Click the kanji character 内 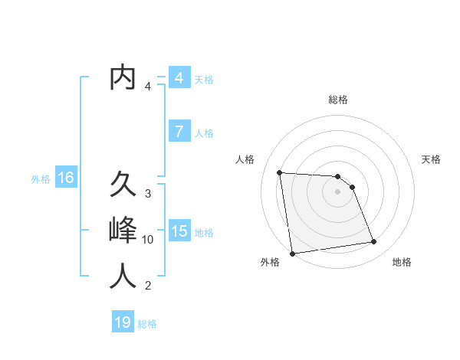tap(123, 78)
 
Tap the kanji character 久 tap(123, 184)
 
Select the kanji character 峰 tap(123, 231)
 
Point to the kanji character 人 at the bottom tap(123, 277)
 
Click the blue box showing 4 tap(179, 78)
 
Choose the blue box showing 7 tap(179, 132)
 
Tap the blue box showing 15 tap(179, 231)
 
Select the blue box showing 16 tap(66, 178)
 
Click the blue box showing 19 tap(123, 322)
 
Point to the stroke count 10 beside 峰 tap(148, 240)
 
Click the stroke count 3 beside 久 tap(148, 194)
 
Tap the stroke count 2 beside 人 tap(148, 286)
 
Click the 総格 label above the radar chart tap(337, 100)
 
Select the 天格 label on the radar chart tap(432, 159)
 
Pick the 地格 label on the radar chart tap(402, 262)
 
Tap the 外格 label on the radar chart tap(270, 262)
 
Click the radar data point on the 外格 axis tap(292, 254)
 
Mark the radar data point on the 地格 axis tap(374, 242)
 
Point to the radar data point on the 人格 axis tap(280, 172)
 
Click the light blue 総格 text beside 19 tap(147, 324)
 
